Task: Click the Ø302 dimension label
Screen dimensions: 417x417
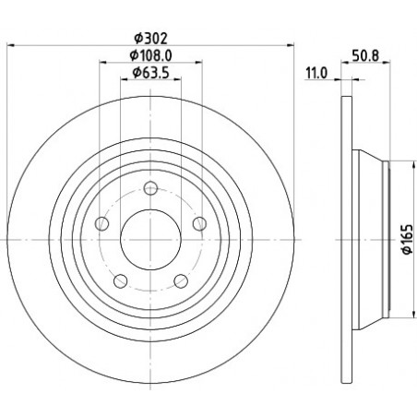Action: [x=150, y=39]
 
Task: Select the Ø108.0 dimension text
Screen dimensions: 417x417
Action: [x=150, y=55]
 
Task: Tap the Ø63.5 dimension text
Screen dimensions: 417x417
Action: [x=150, y=73]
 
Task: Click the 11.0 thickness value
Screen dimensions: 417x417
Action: [x=316, y=73]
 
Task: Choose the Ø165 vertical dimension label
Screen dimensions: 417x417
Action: [x=408, y=239]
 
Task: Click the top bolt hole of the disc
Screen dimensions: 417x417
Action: [x=150, y=188]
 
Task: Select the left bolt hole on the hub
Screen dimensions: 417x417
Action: [x=102, y=223]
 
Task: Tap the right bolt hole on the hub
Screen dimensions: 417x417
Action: [x=199, y=223]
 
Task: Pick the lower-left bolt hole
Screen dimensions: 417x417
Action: [x=121, y=280]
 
